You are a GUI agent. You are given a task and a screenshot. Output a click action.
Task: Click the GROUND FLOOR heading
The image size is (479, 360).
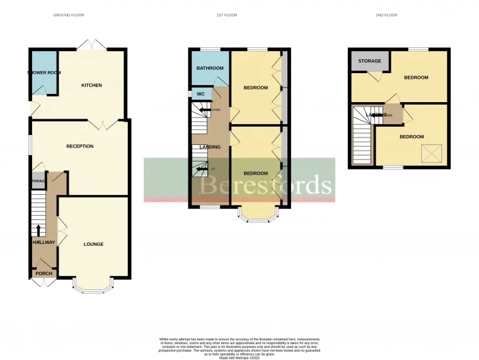point(69,15)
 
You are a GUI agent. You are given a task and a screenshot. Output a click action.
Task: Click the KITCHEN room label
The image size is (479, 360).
point(91,85)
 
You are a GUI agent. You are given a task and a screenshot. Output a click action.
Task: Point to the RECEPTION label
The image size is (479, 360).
point(80,146)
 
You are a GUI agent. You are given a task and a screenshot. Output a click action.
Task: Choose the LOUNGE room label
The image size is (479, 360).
point(93,244)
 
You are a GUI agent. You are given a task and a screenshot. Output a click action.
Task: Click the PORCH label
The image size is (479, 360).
point(43,274)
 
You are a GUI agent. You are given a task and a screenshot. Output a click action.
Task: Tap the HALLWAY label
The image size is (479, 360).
point(44,242)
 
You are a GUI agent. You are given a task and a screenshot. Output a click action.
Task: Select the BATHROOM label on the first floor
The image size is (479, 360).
point(210,68)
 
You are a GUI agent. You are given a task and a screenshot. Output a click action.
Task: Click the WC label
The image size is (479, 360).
point(201,94)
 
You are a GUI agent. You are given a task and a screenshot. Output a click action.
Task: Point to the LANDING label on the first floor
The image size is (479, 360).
point(210,147)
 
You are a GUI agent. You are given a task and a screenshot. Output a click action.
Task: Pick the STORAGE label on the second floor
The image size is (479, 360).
point(369,61)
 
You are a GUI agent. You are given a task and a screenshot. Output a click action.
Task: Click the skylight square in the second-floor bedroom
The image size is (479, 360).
point(431,152)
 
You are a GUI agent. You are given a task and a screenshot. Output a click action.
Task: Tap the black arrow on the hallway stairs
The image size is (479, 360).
point(38,229)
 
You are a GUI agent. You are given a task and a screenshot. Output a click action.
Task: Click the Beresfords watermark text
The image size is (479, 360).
point(265,185)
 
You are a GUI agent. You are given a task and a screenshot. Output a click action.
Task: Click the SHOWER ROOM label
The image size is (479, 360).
point(43,73)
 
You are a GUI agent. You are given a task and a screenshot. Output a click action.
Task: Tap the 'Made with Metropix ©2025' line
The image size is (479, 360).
point(239,357)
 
